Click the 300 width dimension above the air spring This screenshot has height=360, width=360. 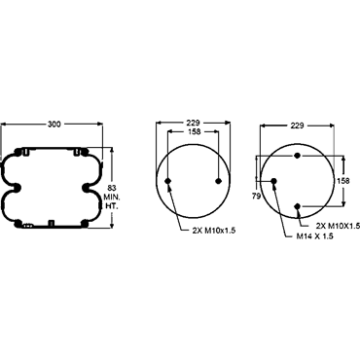[54, 124]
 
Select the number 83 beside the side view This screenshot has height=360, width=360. [112, 188]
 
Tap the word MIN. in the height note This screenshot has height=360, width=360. [112, 197]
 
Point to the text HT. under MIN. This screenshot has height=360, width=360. [111, 205]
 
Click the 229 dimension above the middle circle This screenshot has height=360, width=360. [193, 123]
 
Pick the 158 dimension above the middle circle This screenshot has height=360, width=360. [194, 131]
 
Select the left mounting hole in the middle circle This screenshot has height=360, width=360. [168, 181]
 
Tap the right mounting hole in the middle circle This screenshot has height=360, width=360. [219, 181]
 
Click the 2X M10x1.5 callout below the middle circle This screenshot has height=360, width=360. [214, 231]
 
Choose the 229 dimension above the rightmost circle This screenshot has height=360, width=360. [297, 126]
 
